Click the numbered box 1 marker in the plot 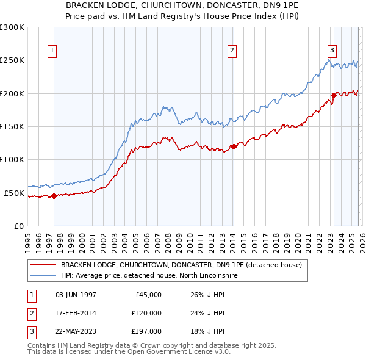point(53,51)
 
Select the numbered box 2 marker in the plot point(233,51)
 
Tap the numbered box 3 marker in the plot point(332,51)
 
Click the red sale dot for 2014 point(234,146)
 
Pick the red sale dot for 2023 point(334,95)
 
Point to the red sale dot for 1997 point(54,196)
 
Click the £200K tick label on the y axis point(12,93)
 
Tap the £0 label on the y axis point(18,226)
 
